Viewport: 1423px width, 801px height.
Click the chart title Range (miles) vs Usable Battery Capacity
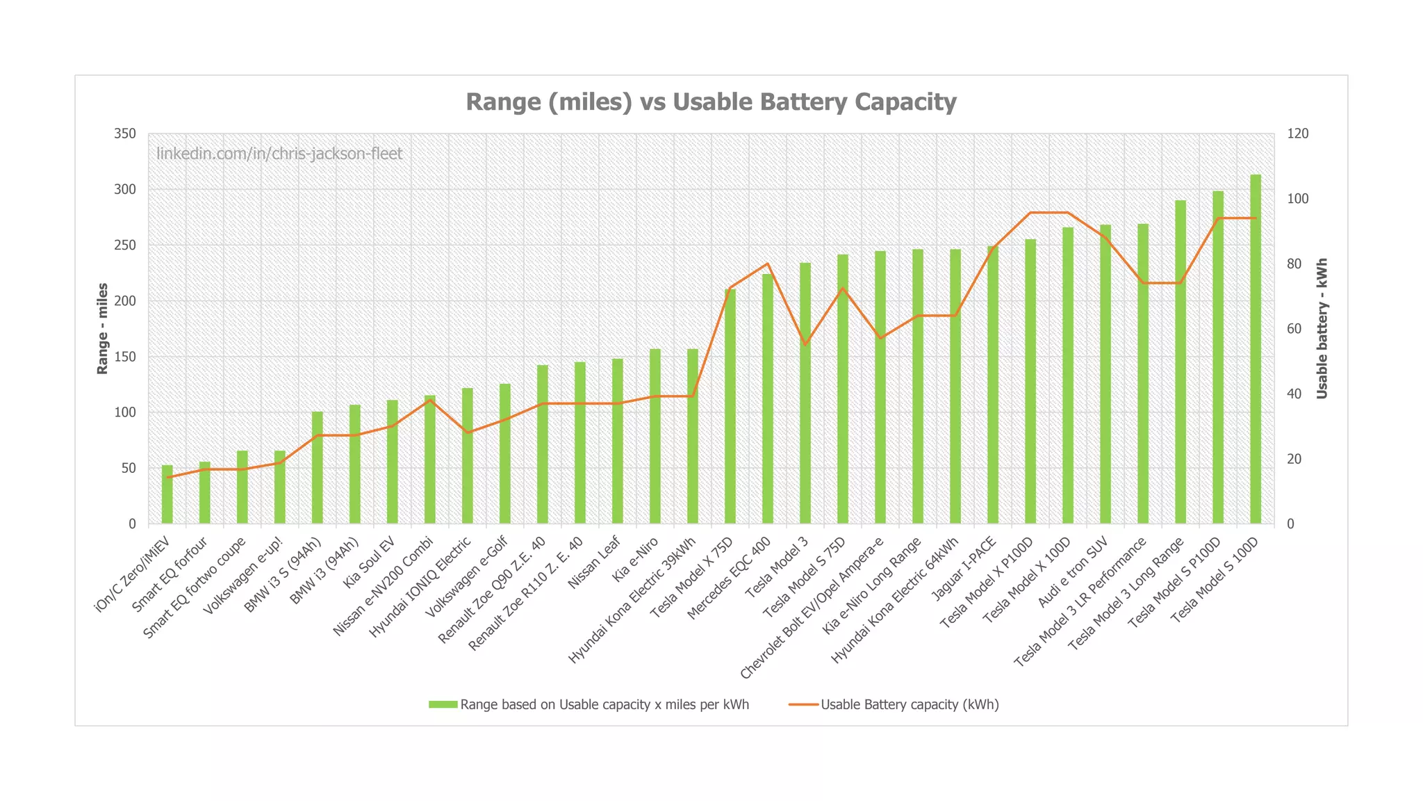711,102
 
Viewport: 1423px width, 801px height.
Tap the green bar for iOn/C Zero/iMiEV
167,494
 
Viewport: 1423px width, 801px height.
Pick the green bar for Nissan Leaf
617,441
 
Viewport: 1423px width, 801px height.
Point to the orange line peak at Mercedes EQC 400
767,264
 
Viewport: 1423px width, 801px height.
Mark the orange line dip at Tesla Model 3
805,344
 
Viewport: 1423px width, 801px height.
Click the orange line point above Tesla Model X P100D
1030,213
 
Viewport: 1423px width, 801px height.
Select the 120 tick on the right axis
1297,133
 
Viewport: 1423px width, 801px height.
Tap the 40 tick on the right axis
1294,394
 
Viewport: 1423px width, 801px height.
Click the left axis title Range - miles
103,328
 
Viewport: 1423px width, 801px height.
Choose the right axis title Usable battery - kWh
1322,328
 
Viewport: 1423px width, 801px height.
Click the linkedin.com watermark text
279,154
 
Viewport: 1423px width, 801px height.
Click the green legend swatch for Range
443,704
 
